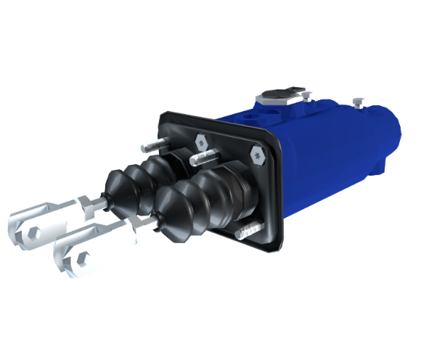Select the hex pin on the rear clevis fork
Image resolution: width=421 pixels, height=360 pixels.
[x=32, y=232]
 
